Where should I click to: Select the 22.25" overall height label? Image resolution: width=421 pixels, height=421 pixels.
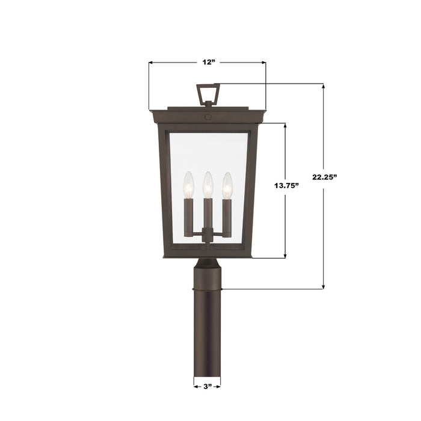click(x=325, y=177)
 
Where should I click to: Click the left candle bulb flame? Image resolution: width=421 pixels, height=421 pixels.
click(x=188, y=183)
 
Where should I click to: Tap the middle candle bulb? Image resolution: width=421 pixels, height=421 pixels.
click(x=207, y=183)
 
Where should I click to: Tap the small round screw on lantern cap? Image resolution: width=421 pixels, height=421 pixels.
click(x=208, y=115)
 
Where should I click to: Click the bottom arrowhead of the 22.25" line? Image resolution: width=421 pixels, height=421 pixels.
click(x=324, y=286)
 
